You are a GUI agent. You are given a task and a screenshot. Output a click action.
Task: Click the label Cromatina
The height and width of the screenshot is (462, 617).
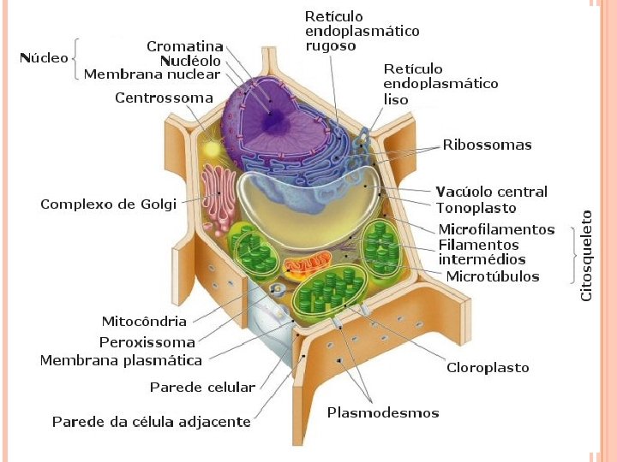click(184, 46)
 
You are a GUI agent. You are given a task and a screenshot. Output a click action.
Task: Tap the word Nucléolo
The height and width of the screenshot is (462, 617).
click(190, 61)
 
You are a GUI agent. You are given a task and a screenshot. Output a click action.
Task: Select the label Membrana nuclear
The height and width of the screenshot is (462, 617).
click(152, 74)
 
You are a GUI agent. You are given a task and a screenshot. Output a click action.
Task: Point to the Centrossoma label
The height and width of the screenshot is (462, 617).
click(164, 98)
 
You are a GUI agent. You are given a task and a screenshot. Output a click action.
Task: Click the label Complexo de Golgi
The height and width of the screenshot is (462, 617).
click(108, 204)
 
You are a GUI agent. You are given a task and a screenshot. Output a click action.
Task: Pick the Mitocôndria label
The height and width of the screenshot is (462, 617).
click(144, 322)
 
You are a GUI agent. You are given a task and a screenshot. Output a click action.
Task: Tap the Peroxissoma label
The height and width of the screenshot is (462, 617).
click(147, 341)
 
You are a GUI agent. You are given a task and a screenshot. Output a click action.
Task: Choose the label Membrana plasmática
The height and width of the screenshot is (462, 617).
click(121, 360)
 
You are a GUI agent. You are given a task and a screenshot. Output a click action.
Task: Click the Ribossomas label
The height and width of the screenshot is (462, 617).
click(487, 145)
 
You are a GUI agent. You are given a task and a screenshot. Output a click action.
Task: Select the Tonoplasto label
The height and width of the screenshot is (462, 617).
click(476, 207)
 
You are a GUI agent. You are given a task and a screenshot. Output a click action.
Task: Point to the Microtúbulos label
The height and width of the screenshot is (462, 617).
click(493, 275)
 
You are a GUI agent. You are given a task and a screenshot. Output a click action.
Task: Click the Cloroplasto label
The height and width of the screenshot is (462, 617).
click(488, 368)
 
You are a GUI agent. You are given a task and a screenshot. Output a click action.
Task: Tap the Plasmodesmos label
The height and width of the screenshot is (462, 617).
click(382, 413)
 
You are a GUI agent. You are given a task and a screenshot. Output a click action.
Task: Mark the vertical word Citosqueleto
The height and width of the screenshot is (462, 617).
click(587, 255)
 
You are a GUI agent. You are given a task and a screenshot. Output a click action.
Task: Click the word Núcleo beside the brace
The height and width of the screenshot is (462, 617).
click(44, 58)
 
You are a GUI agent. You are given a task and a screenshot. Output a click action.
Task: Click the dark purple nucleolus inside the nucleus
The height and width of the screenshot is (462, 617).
click(275, 122)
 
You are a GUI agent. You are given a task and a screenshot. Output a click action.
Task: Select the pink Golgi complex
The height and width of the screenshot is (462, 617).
click(219, 197)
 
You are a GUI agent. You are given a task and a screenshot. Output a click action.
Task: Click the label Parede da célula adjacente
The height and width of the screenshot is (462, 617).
click(151, 422)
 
